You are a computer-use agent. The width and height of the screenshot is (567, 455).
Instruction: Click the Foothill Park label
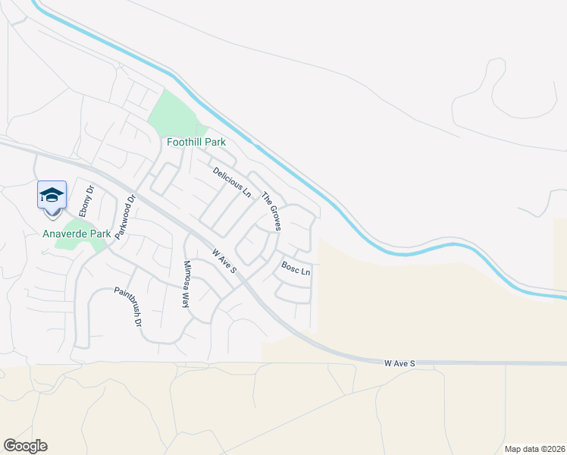pyautogui.click(x=196, y=142)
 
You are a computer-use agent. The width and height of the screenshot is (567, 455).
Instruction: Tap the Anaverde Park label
pyautogui.click(x=77, y=234)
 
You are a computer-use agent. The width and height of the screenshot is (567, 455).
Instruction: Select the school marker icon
pyautogui.click(x=52, y=195)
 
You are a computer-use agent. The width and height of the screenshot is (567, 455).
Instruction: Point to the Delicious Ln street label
pyautogui.click(x=231, y=181)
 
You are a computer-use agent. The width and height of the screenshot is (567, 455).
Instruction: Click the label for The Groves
pyautogui.click(x=271, y=212)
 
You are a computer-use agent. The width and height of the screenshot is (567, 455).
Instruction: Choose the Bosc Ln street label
pyautogui.click(x=296, y=268)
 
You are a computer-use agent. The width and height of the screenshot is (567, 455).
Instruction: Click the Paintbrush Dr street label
pyautogui.click(x=128, y=306)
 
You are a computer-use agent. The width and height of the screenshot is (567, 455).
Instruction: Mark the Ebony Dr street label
pyautogui.click(x=86, y=200)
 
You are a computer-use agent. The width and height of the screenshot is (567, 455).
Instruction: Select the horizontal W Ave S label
pyautogui.click(x=400, y=364)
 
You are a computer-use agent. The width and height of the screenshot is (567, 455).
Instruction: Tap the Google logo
pyautogui.click(x=25, y=446)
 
